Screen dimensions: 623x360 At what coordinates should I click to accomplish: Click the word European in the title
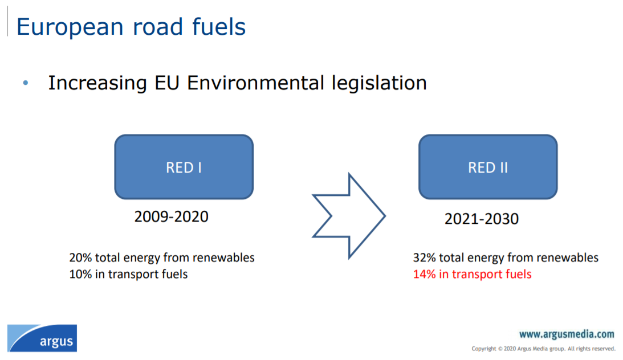click(x=70, y=27)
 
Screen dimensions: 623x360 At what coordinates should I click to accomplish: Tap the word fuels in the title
click(x=219, y=27)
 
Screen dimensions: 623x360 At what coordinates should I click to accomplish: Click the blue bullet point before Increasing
click(x=26, y=83)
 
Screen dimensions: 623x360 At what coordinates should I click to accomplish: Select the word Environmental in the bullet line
click(x=255, y=83)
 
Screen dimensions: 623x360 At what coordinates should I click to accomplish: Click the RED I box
click(x=184, y=167)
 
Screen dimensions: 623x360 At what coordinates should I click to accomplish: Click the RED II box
click(x=488, y=167)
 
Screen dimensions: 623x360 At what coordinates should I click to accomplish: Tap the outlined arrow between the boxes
click(x=349, y=216)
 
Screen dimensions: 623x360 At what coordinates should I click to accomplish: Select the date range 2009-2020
click(x=171, y=216)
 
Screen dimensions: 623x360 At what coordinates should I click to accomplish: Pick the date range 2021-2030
click(x=482, y=219)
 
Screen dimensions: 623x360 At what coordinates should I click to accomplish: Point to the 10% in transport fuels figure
click(x=128, y=274)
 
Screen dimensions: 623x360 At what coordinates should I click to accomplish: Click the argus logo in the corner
click(x=42, y=338)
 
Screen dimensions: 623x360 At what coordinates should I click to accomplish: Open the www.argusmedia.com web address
click(x=567, y=334)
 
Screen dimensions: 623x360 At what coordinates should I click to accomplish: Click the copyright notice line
click(x=544, y=349)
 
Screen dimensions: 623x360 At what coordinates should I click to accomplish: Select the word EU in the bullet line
click(x=166, y=83)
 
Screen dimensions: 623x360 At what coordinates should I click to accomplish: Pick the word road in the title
click(x=158, y=27)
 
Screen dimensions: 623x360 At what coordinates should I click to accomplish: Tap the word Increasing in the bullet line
click(x=97, y=84)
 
